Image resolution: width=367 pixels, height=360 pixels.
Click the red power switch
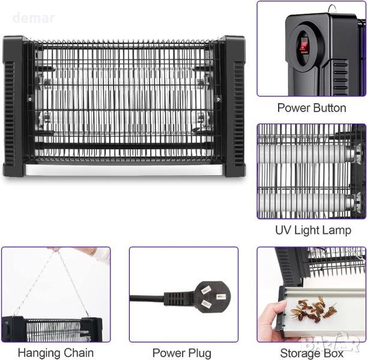pos(302,47)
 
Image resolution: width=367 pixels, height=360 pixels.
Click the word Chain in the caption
pos(77,353)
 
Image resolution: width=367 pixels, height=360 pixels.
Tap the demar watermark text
pos(34,18)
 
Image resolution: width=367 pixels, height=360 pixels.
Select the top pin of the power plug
pos(205,290)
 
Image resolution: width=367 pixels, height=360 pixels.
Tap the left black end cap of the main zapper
pos(14,106)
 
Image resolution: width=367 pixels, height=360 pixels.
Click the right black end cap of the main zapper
pos(233,106)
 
